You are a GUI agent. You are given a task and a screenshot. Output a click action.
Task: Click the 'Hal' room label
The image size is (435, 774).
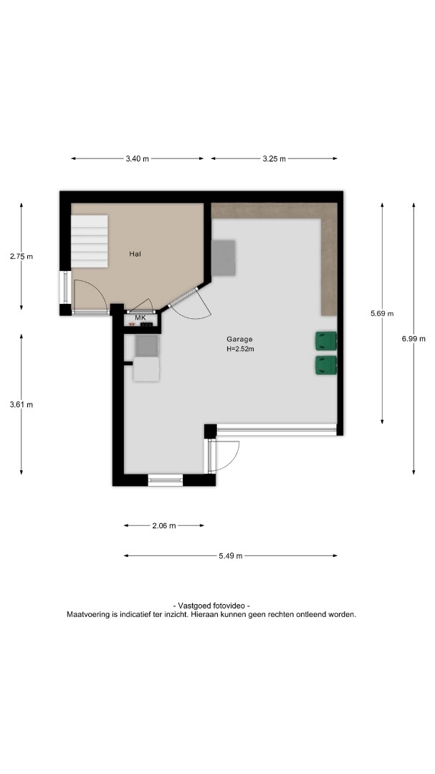coord(135,254)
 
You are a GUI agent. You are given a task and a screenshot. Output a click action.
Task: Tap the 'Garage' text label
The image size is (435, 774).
coord(239,339)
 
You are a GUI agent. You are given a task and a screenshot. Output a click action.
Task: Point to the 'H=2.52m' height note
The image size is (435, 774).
coord(240,349)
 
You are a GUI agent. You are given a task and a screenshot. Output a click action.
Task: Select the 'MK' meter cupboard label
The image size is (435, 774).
coord(140,318)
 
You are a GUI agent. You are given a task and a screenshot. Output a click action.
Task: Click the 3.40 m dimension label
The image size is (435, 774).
coord(137,159)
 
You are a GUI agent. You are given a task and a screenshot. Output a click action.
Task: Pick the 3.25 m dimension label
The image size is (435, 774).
coord(274,159)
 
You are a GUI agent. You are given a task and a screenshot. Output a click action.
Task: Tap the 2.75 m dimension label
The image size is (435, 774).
coord(21,256)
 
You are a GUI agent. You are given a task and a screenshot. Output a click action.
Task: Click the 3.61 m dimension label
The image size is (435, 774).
coord(21,404)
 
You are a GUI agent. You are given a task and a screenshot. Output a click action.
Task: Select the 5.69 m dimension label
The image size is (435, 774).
coord(382,313)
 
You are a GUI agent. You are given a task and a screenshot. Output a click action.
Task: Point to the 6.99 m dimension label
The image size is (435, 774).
coord(414,338)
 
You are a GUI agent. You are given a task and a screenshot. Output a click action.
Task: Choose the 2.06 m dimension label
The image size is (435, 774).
coord(164,526)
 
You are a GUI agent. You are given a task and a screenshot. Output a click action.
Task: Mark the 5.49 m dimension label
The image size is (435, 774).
coord(231,556)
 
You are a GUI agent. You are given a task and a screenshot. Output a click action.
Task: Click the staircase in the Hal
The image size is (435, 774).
coord(90,241)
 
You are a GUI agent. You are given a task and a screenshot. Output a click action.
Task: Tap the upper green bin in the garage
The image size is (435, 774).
coord(326,341)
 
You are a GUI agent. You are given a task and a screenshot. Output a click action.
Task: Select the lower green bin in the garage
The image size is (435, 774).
coord(326,365)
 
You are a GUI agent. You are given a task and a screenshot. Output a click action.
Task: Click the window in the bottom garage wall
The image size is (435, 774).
coord(166,479)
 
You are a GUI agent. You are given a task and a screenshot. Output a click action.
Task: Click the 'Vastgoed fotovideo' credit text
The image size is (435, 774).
coord(211,606)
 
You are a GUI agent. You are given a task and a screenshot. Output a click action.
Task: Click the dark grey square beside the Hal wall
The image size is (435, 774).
coord(223,258)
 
